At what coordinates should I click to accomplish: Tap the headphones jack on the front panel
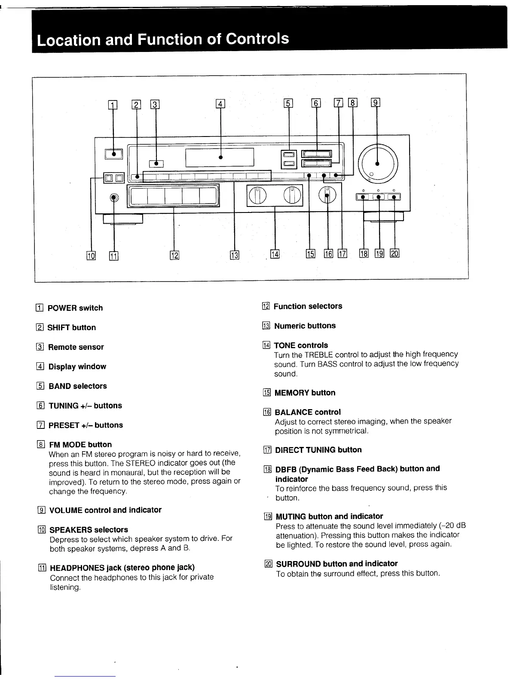coord(113,197)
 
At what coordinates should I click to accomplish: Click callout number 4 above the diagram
coord(220,103)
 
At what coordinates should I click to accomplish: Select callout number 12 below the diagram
coord(174,255)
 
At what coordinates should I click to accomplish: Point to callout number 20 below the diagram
coord(394,253)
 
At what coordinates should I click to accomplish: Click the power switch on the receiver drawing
coord(113,154)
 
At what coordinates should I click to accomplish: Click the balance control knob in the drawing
coord(327,196)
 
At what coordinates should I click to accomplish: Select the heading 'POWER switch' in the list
coord(75,308)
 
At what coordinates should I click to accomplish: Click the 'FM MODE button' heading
coord(80,444)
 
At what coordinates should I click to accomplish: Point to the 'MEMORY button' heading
coord(305,392)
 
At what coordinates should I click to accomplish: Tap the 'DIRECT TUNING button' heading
coord(318,449)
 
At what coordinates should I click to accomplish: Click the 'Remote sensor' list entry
coord(76,347)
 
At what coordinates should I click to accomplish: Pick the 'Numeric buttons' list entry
coord(305,325)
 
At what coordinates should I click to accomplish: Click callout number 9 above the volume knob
coord(376,103)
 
